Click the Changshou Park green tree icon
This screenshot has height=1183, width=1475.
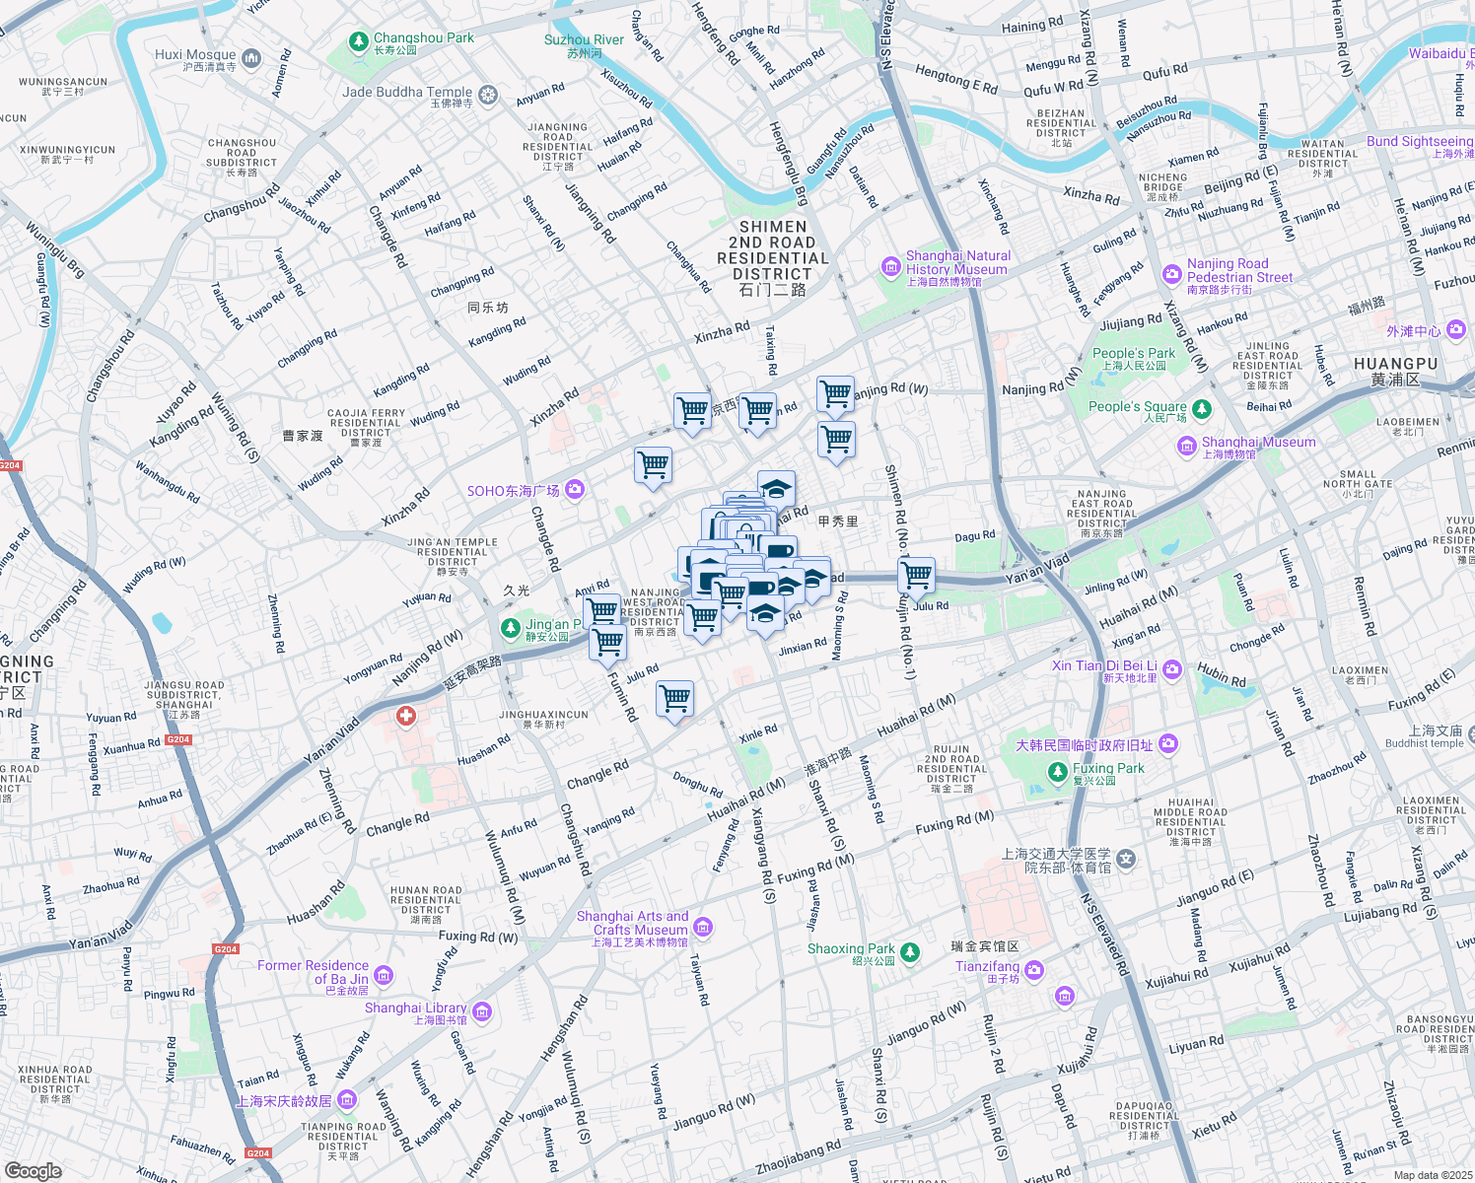point(359,43)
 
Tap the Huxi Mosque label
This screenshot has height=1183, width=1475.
point(195,55)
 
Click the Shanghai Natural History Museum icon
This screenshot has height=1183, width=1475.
point(891,267)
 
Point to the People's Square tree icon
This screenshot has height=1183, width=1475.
point(1201,408)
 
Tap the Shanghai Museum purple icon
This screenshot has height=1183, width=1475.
point(1187,447)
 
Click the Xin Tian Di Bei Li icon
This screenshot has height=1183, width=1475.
point(1172,670)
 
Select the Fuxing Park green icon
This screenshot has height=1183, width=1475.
point(1058,771)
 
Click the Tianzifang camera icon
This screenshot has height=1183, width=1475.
point(1033,971)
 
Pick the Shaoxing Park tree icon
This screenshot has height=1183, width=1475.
point(910,951)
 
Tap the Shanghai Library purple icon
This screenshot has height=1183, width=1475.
point(482,1011)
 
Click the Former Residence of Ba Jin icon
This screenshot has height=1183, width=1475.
point(384,976)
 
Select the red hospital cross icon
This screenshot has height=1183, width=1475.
point(406,716)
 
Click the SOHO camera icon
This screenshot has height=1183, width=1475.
point(575,489)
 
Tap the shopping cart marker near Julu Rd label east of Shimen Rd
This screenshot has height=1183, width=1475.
point(917,574)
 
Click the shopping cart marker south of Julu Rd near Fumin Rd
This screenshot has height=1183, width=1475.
point(675,699)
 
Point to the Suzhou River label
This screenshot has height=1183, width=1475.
point(584,40)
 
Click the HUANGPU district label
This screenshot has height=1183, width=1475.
point(1395,364)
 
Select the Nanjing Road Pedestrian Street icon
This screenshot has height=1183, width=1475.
point(1172,274)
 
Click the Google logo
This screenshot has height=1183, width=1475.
point(34,1170)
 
